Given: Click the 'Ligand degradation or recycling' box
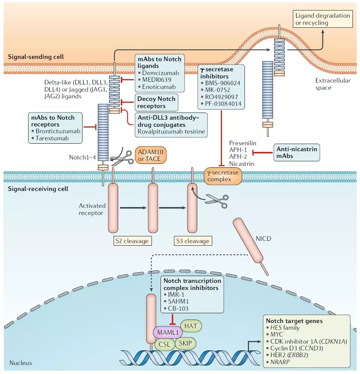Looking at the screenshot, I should pyautogui.click(x=323, y=20).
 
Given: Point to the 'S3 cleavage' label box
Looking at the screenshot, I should pyautogui.click(x=192, y=241).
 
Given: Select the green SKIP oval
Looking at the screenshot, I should pyautogui.click(x=186, y=343).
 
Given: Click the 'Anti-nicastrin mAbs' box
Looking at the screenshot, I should pyautogui.click(x=297, y=153).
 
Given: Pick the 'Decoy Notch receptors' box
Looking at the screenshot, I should pyautogui.click(x=156, y=102).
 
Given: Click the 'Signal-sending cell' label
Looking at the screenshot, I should pyautogui.click(x=36, y=57).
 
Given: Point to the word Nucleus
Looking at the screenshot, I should pyautogui.click(x=21, y=363).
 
